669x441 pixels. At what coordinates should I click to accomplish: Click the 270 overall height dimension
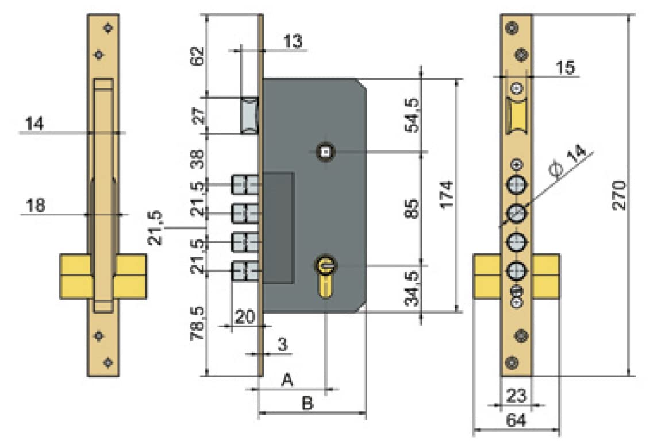(618, 196)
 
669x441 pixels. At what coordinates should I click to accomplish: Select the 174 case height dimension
(448, 195)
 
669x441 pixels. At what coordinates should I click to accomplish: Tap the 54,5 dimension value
(413, 115)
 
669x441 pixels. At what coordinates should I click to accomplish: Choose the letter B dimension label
(307, 404)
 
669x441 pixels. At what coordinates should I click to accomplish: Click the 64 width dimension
(516, 421)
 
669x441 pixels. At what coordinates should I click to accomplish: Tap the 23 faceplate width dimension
(516, 395)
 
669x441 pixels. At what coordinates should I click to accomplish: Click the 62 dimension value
(197, 56)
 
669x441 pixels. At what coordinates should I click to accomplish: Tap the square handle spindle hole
(326, 152)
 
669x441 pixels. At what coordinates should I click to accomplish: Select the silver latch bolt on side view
(249, 115)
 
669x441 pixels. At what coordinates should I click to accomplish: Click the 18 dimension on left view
(36, 205)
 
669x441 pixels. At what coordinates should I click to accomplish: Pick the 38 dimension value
(197, 158)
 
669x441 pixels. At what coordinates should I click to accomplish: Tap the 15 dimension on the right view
(566, 67)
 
